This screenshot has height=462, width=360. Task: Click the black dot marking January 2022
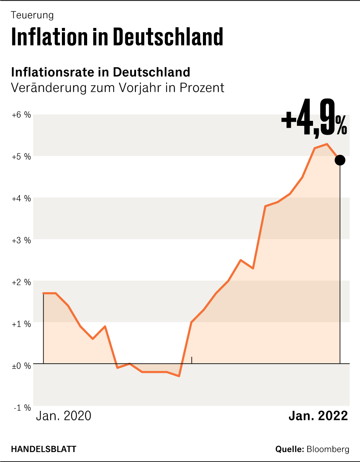(x=340, y=160)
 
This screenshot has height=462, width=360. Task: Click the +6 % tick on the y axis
(x=21, y=115)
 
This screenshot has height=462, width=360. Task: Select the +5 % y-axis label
(x=21, y=157)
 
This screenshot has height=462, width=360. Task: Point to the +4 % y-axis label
(x=21, y=198)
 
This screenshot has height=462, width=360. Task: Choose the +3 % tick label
(x=21, y=240)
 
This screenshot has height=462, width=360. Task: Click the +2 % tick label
(x=21, y=282)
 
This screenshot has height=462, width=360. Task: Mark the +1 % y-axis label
(x=21, y=324)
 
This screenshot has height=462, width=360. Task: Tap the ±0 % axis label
(x=21, y=366)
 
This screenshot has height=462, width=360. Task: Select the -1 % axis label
(x=22, y=408)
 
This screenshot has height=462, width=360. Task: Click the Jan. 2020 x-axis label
(x=63, y=416)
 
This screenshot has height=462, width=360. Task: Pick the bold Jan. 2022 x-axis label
(x=318, y=416)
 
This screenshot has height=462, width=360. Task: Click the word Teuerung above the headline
(x=32, y=15)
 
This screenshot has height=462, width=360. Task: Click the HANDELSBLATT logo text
(x=44, y=449)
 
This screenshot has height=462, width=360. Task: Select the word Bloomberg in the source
(x=328, y=449)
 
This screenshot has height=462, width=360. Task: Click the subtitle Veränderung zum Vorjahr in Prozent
(x=117, y=88)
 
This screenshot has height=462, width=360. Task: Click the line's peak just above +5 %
(x=327, y=144)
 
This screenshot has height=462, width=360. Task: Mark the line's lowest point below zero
(x=179, y=376)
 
